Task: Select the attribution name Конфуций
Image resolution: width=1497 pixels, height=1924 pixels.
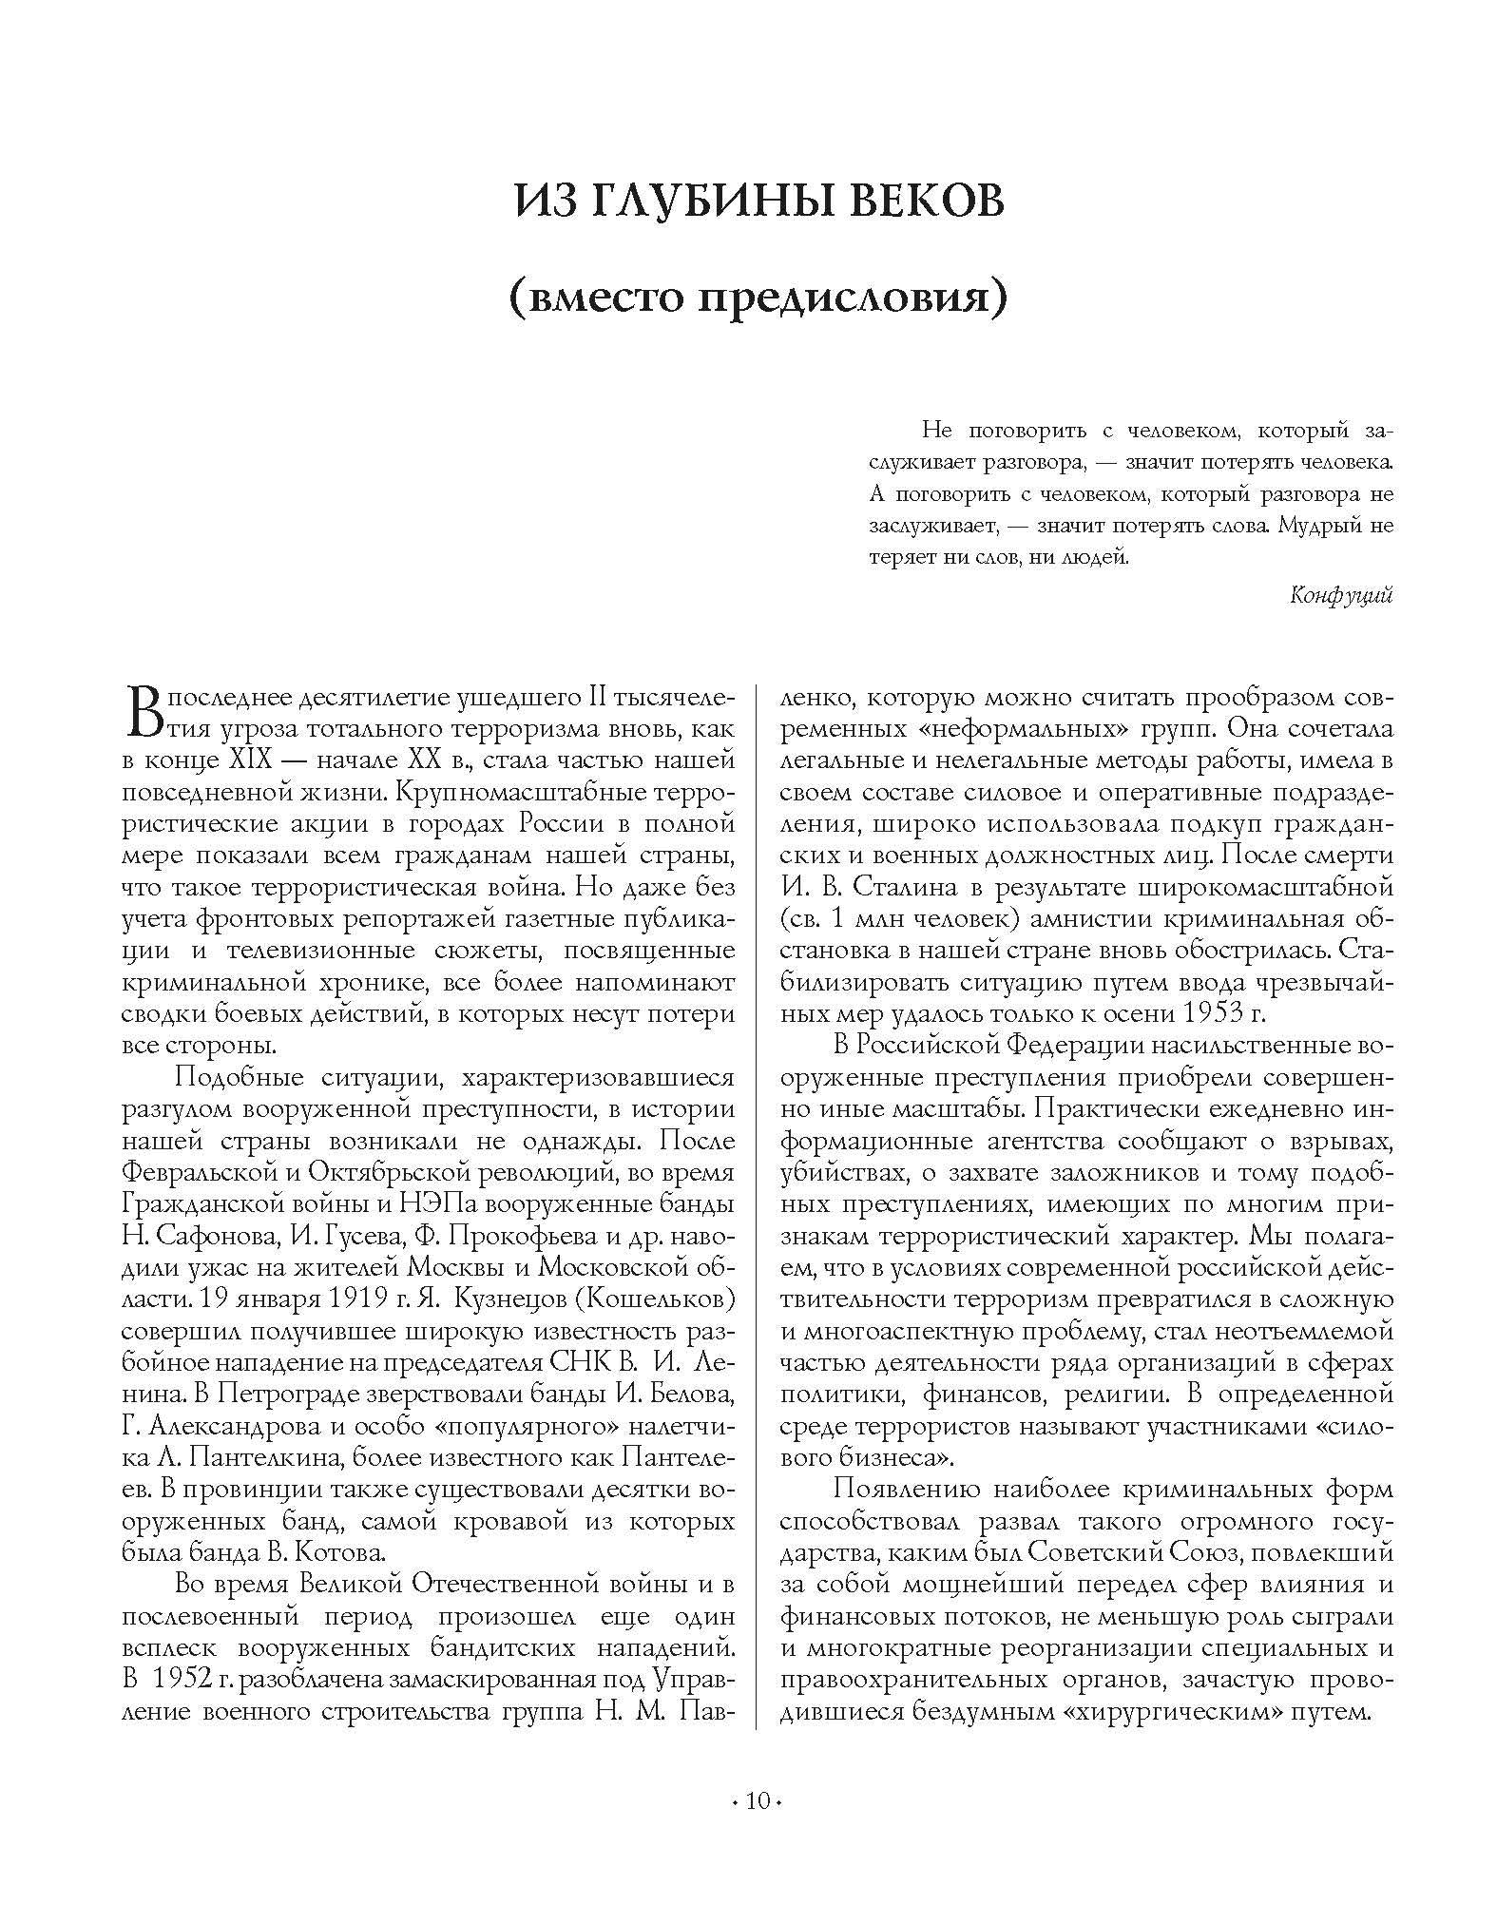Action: tap(1341, 595)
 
